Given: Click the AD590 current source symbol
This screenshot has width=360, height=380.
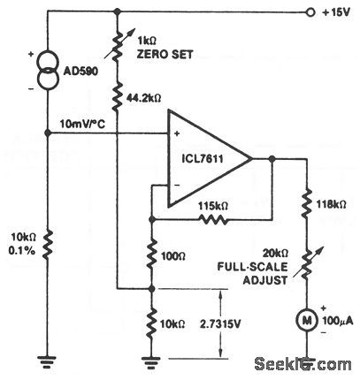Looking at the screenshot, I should click(46, 70).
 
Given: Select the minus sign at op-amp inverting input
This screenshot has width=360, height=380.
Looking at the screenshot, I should click(178, 183).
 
